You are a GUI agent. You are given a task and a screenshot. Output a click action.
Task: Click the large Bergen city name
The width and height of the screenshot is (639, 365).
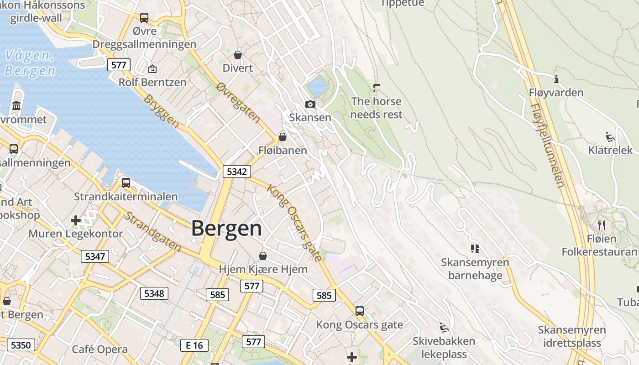point(226,228)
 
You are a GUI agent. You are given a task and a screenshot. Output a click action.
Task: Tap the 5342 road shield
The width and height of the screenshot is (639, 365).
point(236,172)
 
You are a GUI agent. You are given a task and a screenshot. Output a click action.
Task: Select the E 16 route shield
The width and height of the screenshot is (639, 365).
point(194,345)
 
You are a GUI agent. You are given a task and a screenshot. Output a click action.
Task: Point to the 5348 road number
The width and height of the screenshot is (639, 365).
point(154,293)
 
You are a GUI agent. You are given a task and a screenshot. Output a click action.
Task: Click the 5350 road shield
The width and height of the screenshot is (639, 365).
point(21,345)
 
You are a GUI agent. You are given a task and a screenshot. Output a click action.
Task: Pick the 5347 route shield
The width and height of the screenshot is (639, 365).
point(95,256)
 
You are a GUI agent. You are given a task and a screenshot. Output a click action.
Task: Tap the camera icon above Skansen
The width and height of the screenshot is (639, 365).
point(310,104)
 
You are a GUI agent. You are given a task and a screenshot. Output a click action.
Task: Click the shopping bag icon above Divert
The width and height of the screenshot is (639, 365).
point(237,55)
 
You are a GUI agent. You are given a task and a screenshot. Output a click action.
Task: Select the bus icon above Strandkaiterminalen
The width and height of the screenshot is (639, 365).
point(126,183)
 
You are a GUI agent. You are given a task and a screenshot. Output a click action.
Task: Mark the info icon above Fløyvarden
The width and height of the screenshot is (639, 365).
point(556,79)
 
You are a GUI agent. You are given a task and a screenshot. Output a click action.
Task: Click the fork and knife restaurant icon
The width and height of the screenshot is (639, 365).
point(601,225)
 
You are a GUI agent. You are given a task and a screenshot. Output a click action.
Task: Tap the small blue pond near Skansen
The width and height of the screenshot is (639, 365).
point(318,85)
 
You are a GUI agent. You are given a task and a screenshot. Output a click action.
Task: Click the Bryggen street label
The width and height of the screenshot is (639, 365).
point(161,111)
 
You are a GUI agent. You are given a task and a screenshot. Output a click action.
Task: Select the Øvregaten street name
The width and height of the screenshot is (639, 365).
point(238,103)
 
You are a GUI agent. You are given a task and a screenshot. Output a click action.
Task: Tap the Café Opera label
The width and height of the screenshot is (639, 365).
point(100,349)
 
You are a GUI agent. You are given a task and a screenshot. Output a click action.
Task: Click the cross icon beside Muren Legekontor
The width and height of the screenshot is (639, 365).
point(76,221)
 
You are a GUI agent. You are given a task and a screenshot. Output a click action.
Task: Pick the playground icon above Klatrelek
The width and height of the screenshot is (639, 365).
point(610,137)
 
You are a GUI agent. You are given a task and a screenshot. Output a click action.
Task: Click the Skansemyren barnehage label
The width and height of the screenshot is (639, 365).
point(475,269)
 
